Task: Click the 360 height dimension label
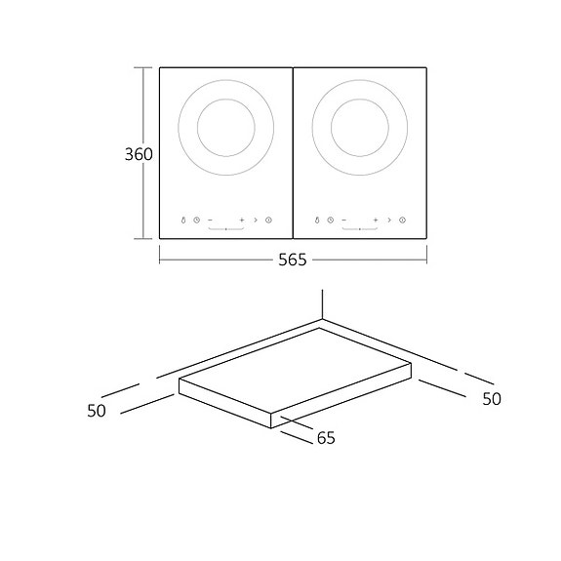[139, 154]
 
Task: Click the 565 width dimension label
[292, 260]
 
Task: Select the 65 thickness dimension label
[325, 438]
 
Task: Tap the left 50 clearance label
[96, 411]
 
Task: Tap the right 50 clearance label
[491, 398]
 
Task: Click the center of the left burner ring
[225, 128]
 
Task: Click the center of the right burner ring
[359, 128]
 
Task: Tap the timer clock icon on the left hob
[196, 220]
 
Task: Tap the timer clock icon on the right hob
[330, 220]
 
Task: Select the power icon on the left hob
[268, 220]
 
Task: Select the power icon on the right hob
[402, 220]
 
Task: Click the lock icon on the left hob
[182, 220]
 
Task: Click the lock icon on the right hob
[317, 220]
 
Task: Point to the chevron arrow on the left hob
[255, 220]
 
